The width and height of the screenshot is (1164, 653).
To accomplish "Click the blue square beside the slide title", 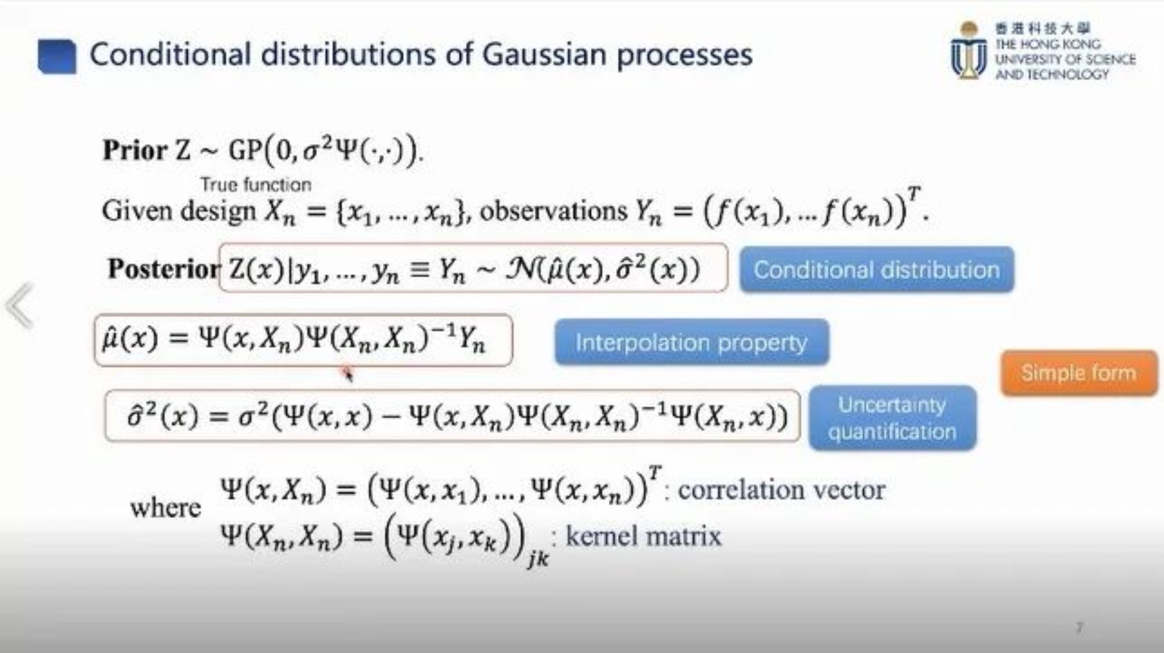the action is click(x=57, y=56).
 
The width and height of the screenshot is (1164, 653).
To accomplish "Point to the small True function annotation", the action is click(x=256, y=185).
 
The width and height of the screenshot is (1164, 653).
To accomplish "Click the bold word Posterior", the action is click(x=164, y=269).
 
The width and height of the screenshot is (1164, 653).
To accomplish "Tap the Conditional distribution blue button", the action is click(x=876, y=270).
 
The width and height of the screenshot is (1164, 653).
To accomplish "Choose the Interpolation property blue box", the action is click(x=691, y=342).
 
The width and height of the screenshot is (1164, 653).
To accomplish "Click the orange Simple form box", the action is click(x=1079, y=373).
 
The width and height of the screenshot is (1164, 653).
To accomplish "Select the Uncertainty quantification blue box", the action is click(x=892, y=417).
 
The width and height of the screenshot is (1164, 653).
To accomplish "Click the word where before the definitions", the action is click(x=165, y=508).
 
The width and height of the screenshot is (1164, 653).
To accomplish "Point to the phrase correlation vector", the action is click(x=781, y=490).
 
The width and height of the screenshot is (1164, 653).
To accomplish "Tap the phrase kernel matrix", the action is click(x=643, y=535).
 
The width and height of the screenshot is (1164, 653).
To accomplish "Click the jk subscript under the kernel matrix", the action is click(x=538, y=559).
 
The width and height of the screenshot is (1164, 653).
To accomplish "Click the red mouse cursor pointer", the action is click(x=347, y=372).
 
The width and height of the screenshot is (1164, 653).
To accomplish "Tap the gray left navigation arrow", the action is click(x=19, y=305).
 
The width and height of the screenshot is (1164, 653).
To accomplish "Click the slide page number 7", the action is click(x=1079, y=628).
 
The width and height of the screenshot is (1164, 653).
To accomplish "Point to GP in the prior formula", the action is click(x=245, y=151).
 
